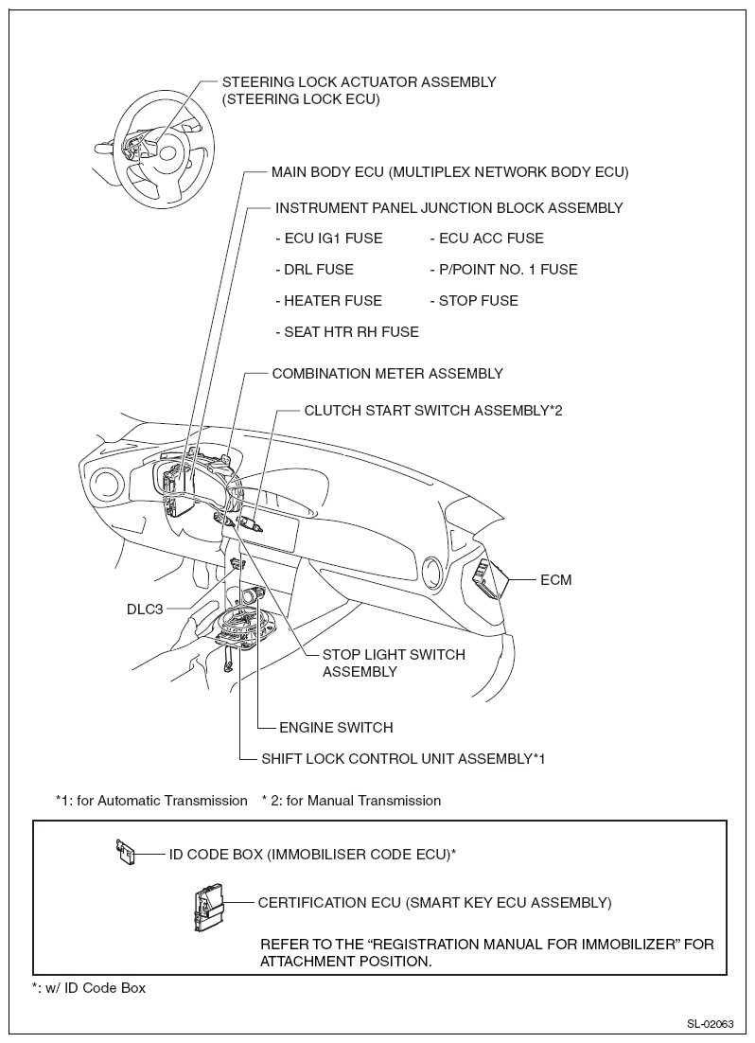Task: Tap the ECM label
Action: (555, 579)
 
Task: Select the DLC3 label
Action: (147, 609)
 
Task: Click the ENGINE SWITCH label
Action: (336, 728)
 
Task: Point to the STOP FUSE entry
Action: (474, 301)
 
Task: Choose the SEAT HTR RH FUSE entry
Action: (347, 332)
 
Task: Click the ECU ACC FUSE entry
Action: (486, 239)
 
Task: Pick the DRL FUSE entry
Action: (314, 270)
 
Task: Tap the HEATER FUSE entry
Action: (328, 301)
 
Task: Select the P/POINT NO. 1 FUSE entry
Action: (503, 270)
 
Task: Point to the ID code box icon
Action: (124, 852)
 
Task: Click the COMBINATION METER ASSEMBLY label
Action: (387, 374)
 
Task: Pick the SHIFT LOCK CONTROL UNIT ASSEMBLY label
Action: (403, 758)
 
